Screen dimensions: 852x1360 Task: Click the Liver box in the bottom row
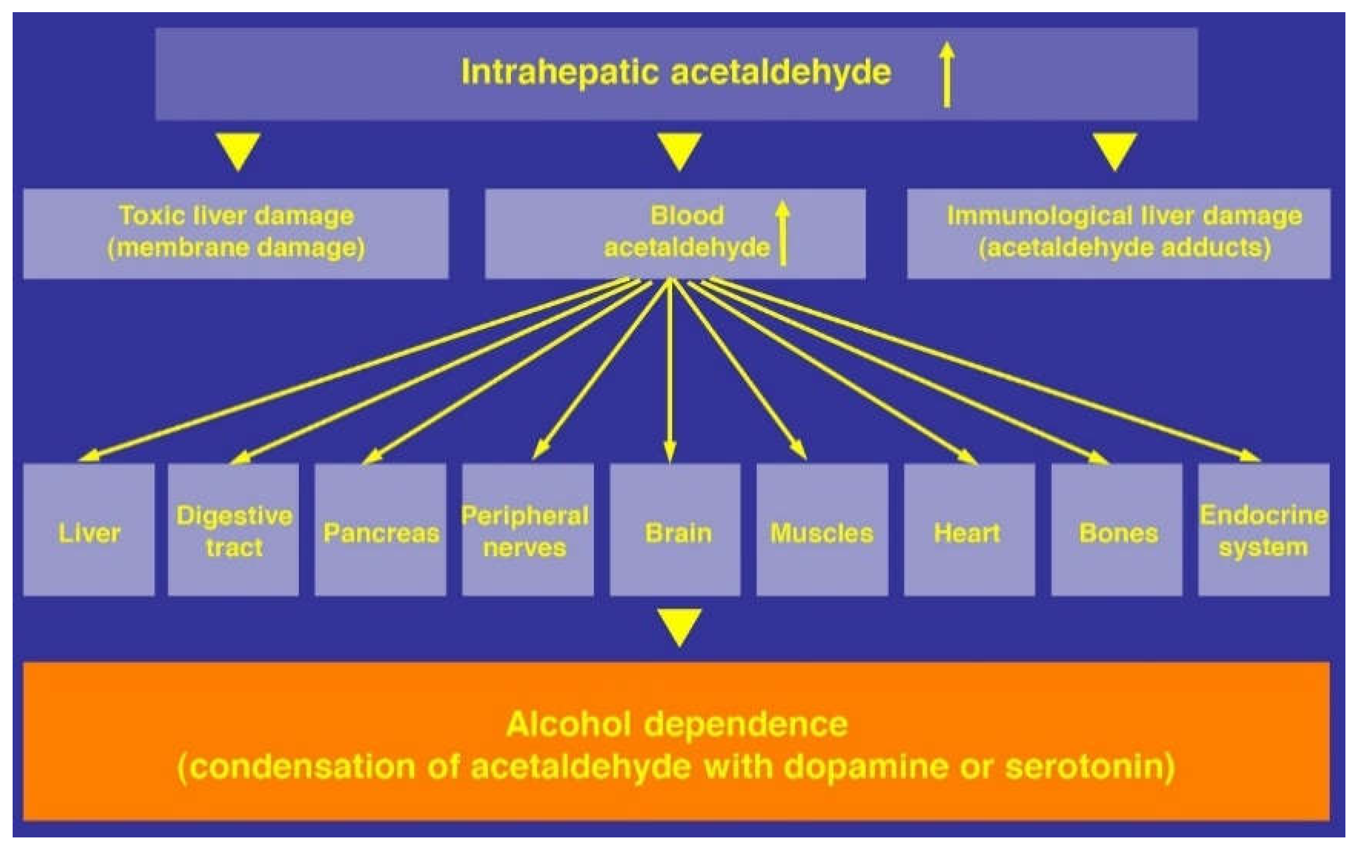click(x=88, y=529)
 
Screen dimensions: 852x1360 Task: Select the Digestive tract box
click(x=233, y=529)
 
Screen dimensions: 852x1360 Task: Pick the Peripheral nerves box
click(x=527, y=529)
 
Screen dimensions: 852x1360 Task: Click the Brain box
click(x=675, y=529)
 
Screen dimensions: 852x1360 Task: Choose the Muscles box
click(x=822, y=529)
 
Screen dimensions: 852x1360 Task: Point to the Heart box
click(x=969, y=529)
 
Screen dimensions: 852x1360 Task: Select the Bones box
click(x=1116, y=529)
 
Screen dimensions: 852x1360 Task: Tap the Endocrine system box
click(x=1264, y=529)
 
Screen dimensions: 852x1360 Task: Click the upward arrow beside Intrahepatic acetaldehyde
click(x=948, y=74)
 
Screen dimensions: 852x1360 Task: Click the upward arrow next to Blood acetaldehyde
click(x=783, y=233)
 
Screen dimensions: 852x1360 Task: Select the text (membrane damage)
click(x=236, y=248)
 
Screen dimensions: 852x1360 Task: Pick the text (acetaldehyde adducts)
click(x=1125, y=248)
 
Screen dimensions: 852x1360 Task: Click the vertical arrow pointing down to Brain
click(x=670, y=372)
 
